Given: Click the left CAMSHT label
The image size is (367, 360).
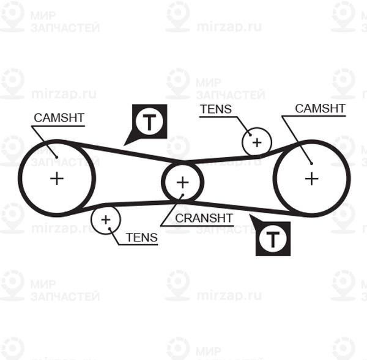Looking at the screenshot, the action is tap(59, 118).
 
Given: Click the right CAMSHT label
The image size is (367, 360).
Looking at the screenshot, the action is tap(320, 108).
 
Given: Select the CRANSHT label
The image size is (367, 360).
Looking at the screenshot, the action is tap(204, 218).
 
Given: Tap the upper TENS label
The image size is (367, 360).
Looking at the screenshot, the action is tap(216, 109).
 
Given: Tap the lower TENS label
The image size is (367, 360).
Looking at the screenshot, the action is tap(142, 237).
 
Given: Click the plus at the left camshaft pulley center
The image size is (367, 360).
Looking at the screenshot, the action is tap(57, 178).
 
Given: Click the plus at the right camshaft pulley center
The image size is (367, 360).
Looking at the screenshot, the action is tap(312, 178).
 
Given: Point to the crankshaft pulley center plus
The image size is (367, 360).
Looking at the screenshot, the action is tap(182, 182).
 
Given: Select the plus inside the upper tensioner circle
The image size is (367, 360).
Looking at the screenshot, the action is tap(257, 142).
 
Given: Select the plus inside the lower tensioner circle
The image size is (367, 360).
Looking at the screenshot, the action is tap(106, 219).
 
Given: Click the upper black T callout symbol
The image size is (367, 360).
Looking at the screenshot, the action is tap(149, 122).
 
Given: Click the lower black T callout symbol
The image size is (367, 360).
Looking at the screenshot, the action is tap(273, 238).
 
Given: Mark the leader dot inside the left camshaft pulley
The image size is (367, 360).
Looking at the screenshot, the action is tap(57, 157).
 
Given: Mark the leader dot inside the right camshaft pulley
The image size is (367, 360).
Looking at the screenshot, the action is tap(311, 164).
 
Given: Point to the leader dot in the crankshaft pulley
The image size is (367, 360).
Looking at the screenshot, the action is tap(183, 194).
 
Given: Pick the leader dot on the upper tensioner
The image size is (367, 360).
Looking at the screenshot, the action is tap(250, 135).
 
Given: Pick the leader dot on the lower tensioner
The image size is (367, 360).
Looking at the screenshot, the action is tap(109, 229).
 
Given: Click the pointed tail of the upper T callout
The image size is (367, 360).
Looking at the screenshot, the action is tap(124, 146).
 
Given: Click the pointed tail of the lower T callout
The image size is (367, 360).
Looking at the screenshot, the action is tap(250, 215).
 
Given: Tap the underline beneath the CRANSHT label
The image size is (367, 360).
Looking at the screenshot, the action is tap(197, 226).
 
